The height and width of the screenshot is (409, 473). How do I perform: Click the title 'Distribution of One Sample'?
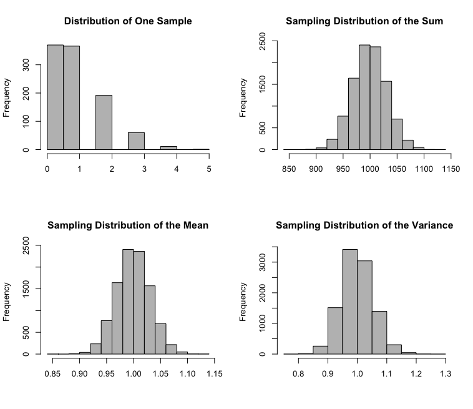point(128,21)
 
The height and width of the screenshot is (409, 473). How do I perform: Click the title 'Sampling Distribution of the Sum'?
point(364,21)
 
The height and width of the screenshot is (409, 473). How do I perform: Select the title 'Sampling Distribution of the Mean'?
point(128,225)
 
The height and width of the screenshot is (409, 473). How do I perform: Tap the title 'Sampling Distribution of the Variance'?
point(364,225)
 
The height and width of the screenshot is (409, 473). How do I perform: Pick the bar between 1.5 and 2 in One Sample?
point(104,122)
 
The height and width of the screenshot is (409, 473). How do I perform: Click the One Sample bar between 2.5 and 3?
point(136,141)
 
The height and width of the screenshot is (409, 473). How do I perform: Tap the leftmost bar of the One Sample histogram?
point(55,97)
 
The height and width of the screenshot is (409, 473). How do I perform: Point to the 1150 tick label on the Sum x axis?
point(451,169)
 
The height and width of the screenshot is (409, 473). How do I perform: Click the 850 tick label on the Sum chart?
point(289,169)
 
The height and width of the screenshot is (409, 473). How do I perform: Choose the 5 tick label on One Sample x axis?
point(209,169)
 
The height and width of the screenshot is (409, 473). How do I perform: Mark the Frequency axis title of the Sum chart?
point(243,97)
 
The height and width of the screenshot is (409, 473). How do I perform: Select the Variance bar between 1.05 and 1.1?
point(380,332)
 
